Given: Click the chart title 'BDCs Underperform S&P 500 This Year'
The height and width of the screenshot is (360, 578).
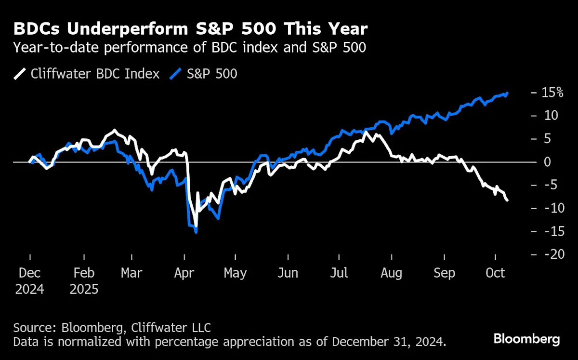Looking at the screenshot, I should click(190, 29).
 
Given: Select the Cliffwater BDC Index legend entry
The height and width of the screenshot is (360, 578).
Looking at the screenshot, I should click(87, 74).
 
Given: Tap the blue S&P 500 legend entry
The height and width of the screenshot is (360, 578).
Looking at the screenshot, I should click(204, 74).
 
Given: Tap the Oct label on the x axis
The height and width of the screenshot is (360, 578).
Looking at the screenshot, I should click(495, 273).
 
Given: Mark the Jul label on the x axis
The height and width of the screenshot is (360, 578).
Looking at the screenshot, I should click(339, 273).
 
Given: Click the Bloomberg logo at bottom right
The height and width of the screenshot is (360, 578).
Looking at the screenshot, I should click(526, 339).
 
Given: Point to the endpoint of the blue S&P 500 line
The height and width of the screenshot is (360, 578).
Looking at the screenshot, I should click(507, 93).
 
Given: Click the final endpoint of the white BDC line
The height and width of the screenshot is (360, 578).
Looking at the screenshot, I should click(507, 200).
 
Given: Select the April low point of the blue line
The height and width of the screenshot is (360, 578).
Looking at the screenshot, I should click(196, 232).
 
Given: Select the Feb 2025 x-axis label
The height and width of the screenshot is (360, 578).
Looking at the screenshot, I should click(84, 281).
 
